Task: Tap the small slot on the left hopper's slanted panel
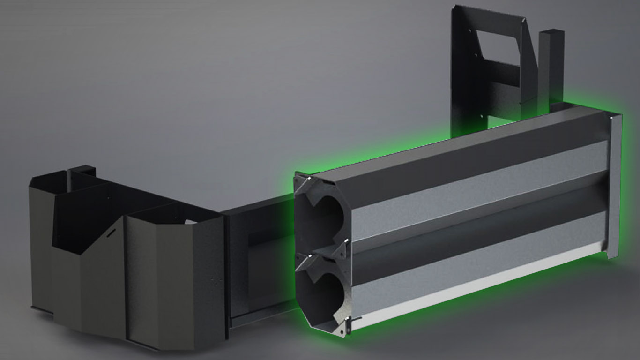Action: [x=111, y=232]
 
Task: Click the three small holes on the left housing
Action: [x=216, y=279]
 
